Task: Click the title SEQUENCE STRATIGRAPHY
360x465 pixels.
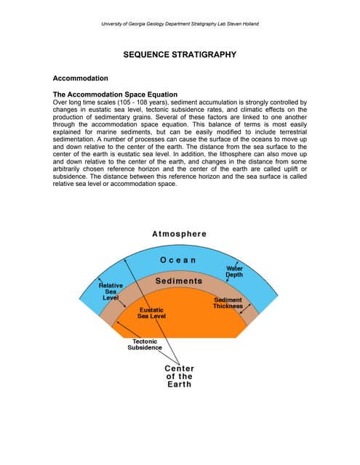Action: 180,54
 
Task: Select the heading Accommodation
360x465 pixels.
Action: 81,78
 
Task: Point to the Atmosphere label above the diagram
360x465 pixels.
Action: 180,234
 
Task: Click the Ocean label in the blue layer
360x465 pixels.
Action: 178,260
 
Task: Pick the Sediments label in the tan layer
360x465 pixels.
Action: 179,281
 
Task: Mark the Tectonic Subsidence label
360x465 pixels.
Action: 145,344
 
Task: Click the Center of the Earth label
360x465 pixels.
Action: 179,376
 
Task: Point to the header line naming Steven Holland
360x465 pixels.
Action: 180,24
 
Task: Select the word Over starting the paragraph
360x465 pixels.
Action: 61,103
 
